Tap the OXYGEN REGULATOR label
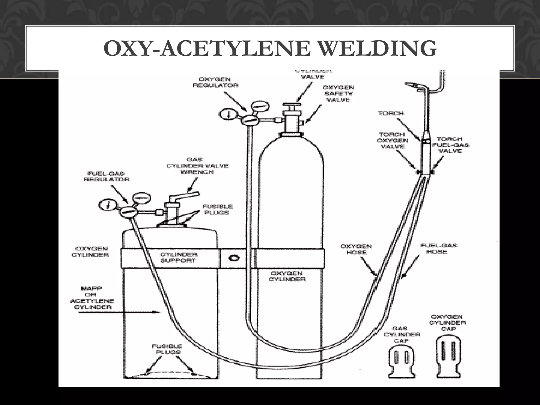click(215, 82)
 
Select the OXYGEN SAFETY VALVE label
click(338, 94)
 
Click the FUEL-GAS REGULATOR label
click(106, 176)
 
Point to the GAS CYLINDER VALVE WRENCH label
click(197, 166)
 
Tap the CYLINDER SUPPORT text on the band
click(179, 258)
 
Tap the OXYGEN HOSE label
click(356, 249)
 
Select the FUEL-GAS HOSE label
click(439, 248)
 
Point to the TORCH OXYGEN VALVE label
click(393, 141)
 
